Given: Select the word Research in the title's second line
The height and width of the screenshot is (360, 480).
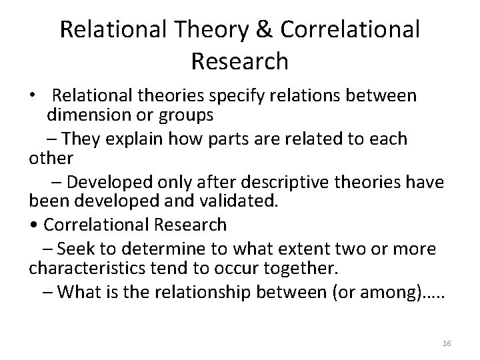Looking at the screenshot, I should pyautogui.click(x=239, y=61).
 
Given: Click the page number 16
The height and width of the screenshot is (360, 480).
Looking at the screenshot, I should pyautogui.click(x=447, y=343).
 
